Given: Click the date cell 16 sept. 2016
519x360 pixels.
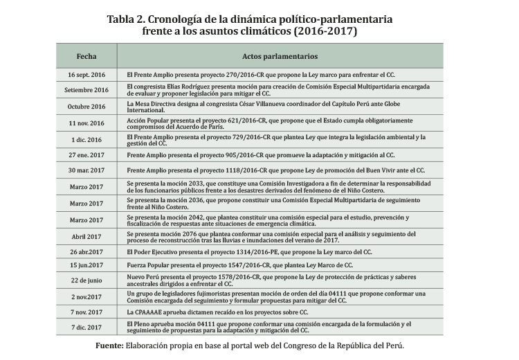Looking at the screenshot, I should pos(86,73).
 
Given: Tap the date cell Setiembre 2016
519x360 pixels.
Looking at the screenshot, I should pos(86,90).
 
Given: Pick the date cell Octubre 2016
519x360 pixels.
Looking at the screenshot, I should pos(86,107).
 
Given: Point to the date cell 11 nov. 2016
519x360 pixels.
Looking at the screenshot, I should pos(86,123).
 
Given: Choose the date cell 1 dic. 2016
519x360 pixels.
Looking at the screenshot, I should pos(86,140).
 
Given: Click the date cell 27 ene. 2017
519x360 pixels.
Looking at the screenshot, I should pos(86,156).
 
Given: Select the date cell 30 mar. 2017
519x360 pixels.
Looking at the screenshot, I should pos(86,170).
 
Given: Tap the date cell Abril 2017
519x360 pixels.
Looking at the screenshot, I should pos(86,236).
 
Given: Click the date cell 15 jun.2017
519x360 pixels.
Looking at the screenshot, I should pos(86,265).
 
